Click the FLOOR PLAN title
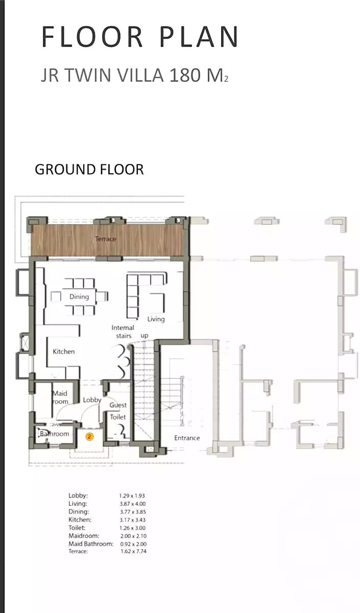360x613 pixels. (140, 37)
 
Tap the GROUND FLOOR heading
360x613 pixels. (89, 169)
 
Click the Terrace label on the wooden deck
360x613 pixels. (105, 239)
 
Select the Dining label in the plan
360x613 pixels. (79, 297)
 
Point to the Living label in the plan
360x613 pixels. (156, 319)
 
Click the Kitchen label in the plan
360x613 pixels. (64, 351)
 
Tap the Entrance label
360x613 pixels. (187, 438)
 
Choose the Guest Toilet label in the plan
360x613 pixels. (118, 411)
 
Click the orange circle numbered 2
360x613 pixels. (89, 437)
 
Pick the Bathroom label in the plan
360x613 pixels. (55, 434)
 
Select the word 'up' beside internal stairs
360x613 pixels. (145, 336)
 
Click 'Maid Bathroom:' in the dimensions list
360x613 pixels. (91, 544)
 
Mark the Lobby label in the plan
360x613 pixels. (92, 400)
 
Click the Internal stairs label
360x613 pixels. (123, 332)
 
